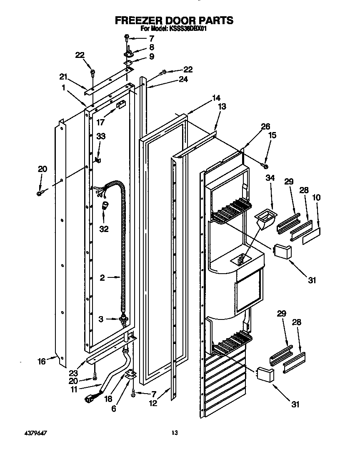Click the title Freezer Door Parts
point(174,20)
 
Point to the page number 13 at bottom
point(175,433)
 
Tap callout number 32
point(104,228)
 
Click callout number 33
point(101,136)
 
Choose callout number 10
point(317,197)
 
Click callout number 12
point(153,403)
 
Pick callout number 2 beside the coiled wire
point(102,278)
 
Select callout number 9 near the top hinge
point(152,56)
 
